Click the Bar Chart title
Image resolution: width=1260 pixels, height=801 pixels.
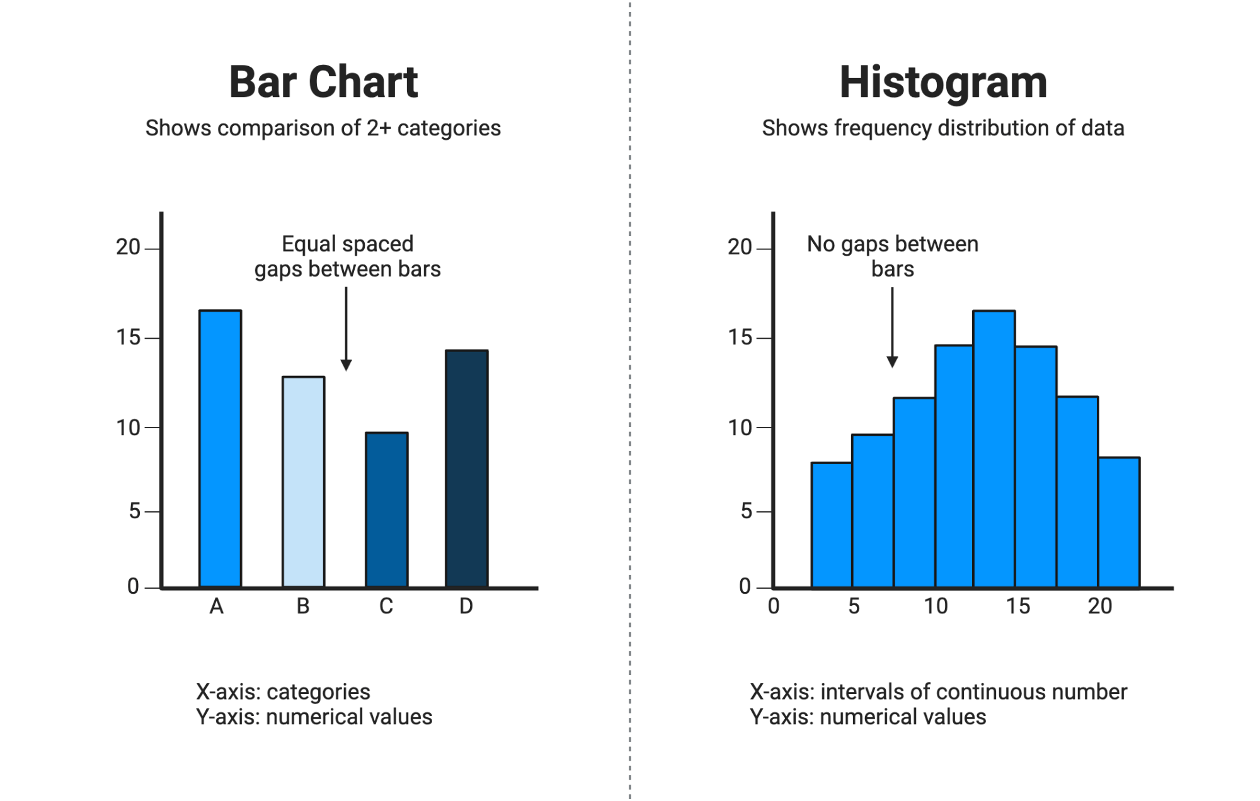click(323, 82)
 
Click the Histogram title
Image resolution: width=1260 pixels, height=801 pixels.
click(943, 82)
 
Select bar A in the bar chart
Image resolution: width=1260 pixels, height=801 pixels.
click(220, 448)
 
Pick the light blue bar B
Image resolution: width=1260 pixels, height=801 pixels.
click(303, 482)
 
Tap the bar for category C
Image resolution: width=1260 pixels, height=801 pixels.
click(386, 509)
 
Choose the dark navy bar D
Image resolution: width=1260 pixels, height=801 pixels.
click(466, 469)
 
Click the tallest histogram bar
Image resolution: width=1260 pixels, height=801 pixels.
click(994, 448)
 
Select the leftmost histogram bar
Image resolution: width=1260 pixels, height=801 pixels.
click(832, 525)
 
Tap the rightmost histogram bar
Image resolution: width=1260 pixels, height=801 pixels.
click(1119, 522)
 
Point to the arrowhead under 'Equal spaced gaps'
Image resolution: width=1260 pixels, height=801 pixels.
click(346, 365)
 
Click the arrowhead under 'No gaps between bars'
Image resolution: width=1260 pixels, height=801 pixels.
click(892, 361)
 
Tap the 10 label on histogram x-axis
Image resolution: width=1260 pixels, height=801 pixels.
click(936, 606)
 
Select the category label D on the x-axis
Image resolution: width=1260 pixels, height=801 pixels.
click(466, 606)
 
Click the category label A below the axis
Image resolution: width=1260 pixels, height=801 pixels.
click(216, 606)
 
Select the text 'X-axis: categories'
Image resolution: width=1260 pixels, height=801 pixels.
click(283, 692)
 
